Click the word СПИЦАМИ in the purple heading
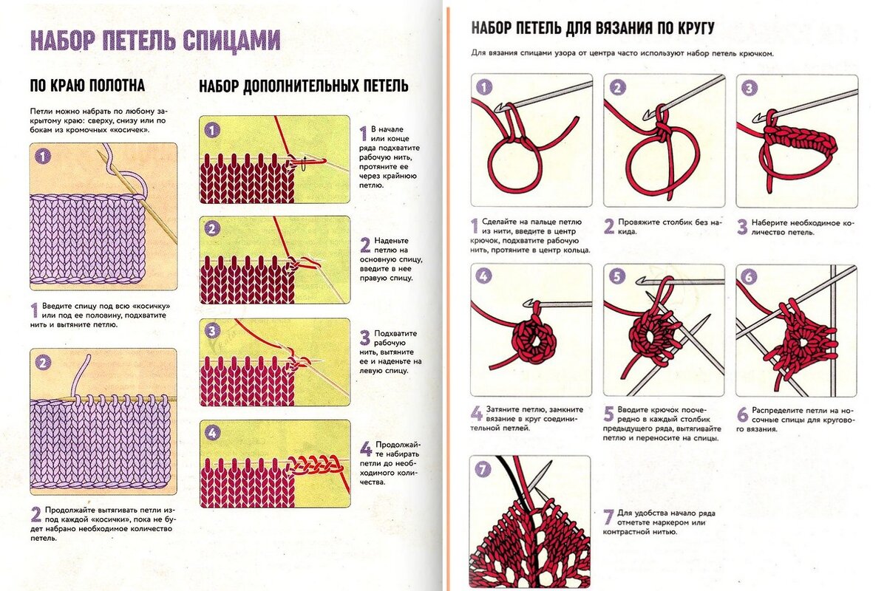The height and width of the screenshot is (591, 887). [231, 41]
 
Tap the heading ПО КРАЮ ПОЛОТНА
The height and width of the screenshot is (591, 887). [87, 86]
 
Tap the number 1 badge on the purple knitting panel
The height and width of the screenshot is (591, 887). [43, 157]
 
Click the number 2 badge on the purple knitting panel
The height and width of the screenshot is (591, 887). [43, 362]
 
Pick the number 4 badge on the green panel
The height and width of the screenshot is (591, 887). [213, 433]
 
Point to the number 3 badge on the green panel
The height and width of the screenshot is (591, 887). [213, 331]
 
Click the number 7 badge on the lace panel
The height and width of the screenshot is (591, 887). [483, 469]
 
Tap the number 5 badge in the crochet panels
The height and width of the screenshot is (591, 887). [616, 277]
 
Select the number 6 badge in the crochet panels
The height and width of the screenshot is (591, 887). [749, 277]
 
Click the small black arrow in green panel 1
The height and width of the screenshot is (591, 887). [304, 164]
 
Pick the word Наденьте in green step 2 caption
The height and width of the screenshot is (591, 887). [391, 240]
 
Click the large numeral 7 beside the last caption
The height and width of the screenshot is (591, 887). [608, 517]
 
